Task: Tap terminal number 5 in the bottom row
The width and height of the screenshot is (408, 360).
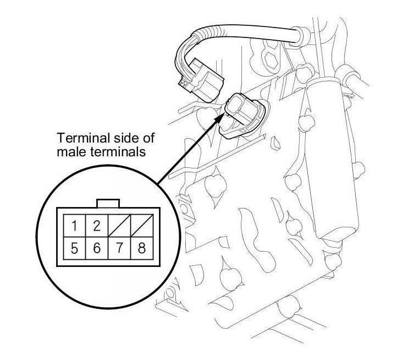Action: click(x=74, y=248)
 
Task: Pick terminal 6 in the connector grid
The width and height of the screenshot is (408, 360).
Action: click(x=96, y=248)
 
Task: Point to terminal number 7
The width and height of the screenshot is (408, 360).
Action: click(x=119, y=248)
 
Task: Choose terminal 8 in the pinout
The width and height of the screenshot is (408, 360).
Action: click(x=141, y=248)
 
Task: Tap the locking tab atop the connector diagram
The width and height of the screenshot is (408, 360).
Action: click(x=108, y=203)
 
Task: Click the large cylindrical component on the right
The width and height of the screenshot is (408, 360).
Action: click(x=333, y=160)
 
